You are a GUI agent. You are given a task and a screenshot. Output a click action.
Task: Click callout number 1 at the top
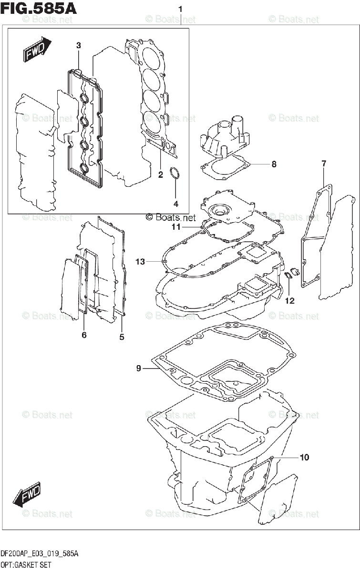(x=180, y=9)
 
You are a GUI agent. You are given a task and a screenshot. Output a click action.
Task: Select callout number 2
(x=161, y=174)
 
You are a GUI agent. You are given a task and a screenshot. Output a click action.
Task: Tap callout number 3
(x=79, y=45)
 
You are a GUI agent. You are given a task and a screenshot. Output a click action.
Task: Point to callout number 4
(x=175, y=204)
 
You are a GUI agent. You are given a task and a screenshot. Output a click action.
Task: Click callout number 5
(x=122, y=337)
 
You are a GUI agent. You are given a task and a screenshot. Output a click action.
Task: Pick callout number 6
(x=84, y=335)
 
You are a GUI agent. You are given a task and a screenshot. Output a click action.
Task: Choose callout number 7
(x=324, y=164)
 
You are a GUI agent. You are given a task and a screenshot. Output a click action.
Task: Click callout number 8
(x=274, y=164)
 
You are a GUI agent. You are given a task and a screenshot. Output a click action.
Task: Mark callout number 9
(x=138, y=368)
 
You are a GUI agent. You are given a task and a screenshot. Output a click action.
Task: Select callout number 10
(x=304, y=458)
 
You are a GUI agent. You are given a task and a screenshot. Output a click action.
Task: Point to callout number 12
(x=290, y=301)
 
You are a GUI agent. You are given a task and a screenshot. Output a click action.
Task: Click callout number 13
(x=140, y=261)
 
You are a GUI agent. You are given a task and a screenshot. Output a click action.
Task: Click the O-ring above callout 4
(x=175, y=174)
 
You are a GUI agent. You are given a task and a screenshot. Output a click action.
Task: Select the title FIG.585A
(x=39, y=8)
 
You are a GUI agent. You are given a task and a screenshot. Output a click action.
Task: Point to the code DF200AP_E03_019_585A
(x=40, y=554)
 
